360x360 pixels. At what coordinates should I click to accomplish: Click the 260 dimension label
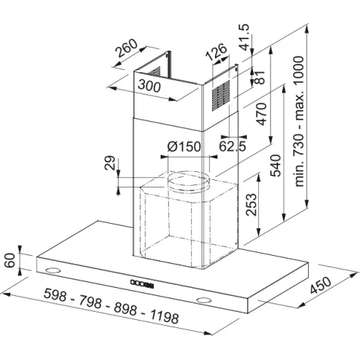pyautogui.click(x=126, y=48)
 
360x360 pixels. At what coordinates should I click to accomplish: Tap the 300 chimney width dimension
pyautogui.click(x=150, y=86)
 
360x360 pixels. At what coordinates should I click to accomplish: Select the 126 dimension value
pyautogui.click(x=216, y=52)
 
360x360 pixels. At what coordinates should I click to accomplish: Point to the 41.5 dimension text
pyautogui.click(x=245, y=37)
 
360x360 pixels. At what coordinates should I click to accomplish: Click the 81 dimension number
pyautogui.click(x=260, y=77)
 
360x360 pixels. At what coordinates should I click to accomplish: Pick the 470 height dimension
pyautogui.click(x=262, y=114)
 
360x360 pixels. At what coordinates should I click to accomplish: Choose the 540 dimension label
pyautogui.click(x=275, y=165)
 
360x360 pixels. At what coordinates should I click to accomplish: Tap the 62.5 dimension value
pyautogui.click(x=233, y=147)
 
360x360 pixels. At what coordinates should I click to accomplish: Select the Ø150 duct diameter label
pyautogui.click(x=184, y=147)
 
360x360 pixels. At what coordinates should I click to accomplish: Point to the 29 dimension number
pyautogui.click(x=110, y=163)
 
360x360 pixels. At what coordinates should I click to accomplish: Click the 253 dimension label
pyautogui.click(x=251, y=205)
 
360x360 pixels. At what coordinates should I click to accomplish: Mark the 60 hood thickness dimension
pyautogui.click(x=10, y=260)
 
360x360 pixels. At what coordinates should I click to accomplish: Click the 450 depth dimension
pyautogui.click(x=321, y=285)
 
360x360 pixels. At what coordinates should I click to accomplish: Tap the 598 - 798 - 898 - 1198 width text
pyautogui.click(x=111, y=306)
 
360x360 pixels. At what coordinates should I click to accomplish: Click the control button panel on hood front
pyautogui.click(x=142, y=284)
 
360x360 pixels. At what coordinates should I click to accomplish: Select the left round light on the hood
pyautogui.click(x=53, y=270)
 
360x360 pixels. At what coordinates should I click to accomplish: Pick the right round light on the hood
pyautogui.click(x=204, y=300)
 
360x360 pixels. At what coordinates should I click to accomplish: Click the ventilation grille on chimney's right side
pyautogui.click(x=221, y=95)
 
